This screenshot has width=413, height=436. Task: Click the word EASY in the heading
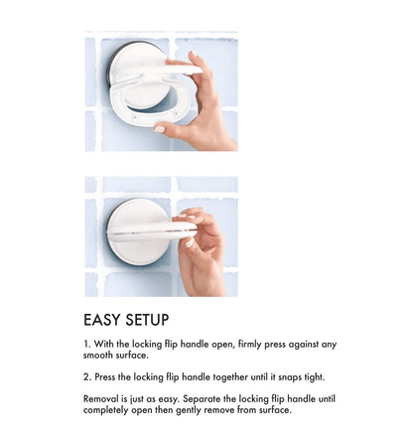pyautogui.click(x=102, y=320)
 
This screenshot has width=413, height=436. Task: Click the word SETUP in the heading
pyautogui.click(x=147, y=320)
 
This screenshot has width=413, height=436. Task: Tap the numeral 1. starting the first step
pyautogui.click(x=87, y=344)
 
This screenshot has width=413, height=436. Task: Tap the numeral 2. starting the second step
pyautogui.click(x=87, y=377)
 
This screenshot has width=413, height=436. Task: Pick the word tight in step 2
pyautogui.click(x=314, y=377)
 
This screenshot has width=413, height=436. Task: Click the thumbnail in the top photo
pyautogui.click(x=160, y=129)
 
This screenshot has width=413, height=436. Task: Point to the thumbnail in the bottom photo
pyautogui.click(x=189, y=242)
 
